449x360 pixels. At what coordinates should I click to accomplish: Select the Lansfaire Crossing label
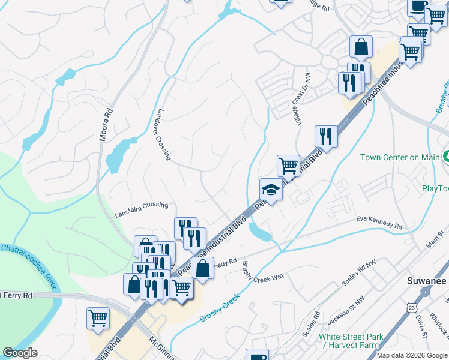142,205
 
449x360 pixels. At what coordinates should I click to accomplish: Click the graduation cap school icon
271,190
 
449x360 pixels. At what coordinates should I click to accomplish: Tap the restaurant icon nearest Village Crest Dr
326,136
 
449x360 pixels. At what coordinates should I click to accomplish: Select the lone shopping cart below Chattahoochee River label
98,318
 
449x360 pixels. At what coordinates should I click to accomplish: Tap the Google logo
20,353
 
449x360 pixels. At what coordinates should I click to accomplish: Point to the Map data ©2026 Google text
412,355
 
